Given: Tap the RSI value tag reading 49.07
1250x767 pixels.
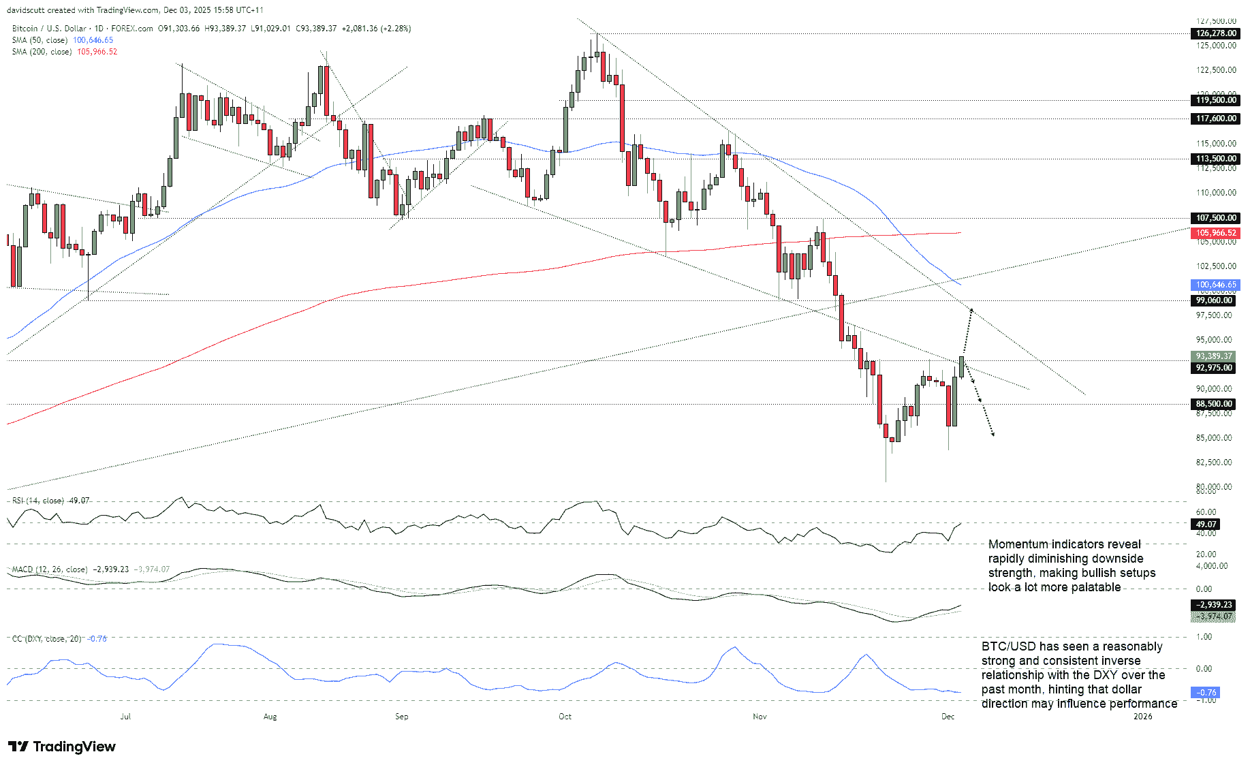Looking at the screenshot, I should (x=1206, y=525).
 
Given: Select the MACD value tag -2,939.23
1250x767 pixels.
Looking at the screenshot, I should (x=1214, y=605).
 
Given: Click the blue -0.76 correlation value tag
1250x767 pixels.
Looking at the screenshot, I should (x=1206, y=693).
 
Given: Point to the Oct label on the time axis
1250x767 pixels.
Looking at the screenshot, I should (x=565, y=717).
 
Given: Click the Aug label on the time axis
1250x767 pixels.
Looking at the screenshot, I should (x=270, y=717).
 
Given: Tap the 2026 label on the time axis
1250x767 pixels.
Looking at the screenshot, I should (x=1142, y=717).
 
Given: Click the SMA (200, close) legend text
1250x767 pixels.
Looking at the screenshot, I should (x=42, y=52).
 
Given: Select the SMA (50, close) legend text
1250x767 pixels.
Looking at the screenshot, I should (x=40, y=40).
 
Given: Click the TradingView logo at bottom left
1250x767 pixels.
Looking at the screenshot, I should (x=62, y=747).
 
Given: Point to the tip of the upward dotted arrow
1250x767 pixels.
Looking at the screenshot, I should (x=971, y=309).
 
